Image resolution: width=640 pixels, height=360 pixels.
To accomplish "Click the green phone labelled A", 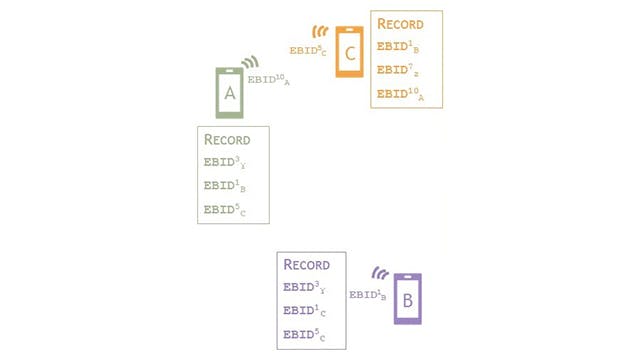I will point(230,93).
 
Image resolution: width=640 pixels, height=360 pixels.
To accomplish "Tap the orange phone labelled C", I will point(349,52).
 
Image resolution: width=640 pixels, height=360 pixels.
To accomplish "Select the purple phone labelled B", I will point(407,298).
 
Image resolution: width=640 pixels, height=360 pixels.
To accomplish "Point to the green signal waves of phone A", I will point(249,63).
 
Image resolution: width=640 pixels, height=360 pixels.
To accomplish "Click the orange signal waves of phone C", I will point(320,32).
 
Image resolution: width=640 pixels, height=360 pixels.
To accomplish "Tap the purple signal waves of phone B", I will point(381,273).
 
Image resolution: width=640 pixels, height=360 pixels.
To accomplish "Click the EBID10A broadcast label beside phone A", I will point(268,79).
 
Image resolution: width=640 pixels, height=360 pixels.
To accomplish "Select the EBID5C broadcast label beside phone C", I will point(308,50).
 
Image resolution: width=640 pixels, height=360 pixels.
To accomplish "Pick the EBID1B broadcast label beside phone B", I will point(368,294).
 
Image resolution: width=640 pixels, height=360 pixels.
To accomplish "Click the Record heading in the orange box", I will point(400,24).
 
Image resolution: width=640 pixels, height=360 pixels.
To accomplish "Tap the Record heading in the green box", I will point(227,139).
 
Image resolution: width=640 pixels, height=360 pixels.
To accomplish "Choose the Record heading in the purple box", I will point(307,265).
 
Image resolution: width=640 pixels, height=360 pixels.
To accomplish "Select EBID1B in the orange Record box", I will point(400,47).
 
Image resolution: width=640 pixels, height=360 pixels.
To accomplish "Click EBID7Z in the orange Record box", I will point(400,70).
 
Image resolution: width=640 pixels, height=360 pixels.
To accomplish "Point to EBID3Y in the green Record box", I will point(224,162).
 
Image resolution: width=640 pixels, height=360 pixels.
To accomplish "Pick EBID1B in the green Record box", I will point(224,186).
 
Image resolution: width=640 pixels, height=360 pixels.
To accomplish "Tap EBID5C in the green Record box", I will point(224,210).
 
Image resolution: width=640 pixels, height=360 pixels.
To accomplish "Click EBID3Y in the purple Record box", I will point(304,288).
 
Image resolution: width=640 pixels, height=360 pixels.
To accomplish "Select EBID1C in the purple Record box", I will point(304,311).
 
